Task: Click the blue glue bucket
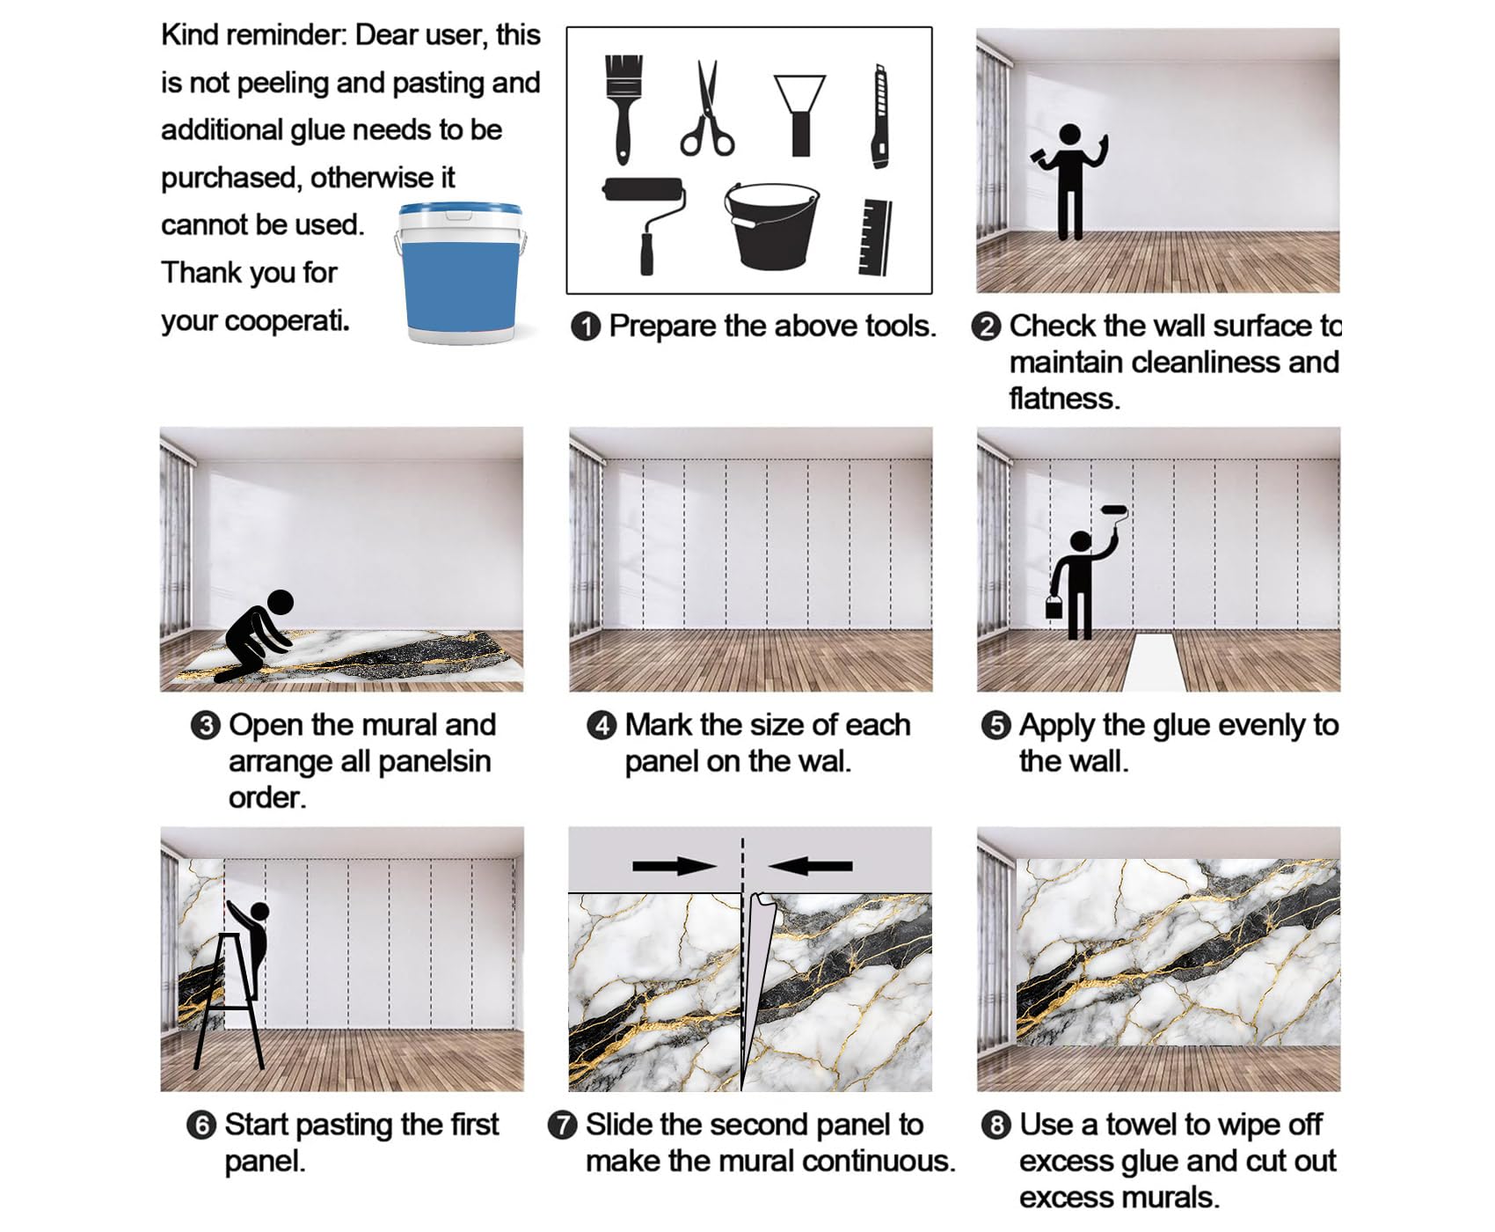[460, 272]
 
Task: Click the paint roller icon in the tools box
[645, 224]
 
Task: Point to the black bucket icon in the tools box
[770, 225]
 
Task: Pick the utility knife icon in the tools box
[879, 115]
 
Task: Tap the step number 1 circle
[586, 326]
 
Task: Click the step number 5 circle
[995, 726]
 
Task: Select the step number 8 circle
[995, 1126]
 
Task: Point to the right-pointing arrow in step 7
[675, 867]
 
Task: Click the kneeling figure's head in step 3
[280, 603]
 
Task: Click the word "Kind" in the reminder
[190, 35]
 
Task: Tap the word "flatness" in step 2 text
[1064, 399]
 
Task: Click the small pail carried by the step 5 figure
[1054, 606]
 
